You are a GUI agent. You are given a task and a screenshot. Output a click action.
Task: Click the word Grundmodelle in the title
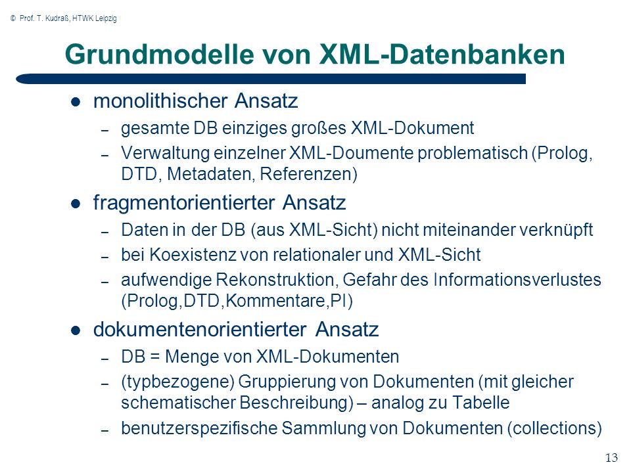click(159, 55)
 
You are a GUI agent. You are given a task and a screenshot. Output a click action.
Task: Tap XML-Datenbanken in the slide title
click(442, 55)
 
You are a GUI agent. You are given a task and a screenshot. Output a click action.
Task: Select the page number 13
click(611, 458)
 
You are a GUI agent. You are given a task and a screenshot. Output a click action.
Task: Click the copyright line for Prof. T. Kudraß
click(64, 18)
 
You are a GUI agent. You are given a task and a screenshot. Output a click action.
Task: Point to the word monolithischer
click(160, 101)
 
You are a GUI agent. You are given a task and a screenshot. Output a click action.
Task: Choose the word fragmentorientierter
click(184, 203)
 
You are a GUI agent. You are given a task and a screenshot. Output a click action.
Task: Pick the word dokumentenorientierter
click(200, 329)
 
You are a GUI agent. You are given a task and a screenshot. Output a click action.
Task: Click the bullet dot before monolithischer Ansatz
click(76, 102)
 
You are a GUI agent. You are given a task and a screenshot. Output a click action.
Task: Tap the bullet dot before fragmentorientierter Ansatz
click(76, 204)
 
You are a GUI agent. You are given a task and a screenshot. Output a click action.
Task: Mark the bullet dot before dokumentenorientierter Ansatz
click(76, 330)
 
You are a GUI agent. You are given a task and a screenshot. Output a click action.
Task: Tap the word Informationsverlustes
click(517, 280)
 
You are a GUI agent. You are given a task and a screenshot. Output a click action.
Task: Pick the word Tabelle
click(481, 403)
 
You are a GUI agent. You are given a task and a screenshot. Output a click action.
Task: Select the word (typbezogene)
click(178, 382)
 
